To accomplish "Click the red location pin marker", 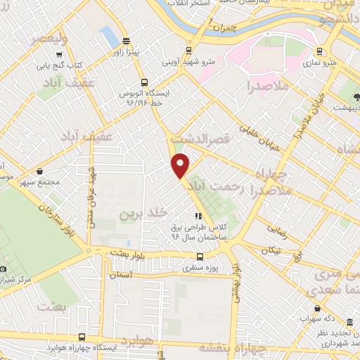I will pyautogui.click(x=181, y=165).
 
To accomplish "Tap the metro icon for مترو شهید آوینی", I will pyautogui.click(x=188, y=50).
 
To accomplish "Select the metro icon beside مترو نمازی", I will pyautogui.click(x=320, y=51).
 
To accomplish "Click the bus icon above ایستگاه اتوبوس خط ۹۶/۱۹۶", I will pyautogui.click(x=144, y=82).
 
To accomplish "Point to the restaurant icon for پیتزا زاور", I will pyautogui.click(x=125, y=40).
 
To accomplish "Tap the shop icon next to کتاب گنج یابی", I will pyautogui.click(x=63, y=53).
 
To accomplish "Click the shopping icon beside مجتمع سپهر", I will pyautogui.click(x=40, y=170).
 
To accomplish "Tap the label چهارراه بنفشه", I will pyautogui.click(x=231, y=347).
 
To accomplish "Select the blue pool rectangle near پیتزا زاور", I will pyautogui.click(x=109, y=36).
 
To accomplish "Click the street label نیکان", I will pyautogui.click(x=271, y=250).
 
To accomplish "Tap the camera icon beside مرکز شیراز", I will pyautogui.click(x=4, y=269).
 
